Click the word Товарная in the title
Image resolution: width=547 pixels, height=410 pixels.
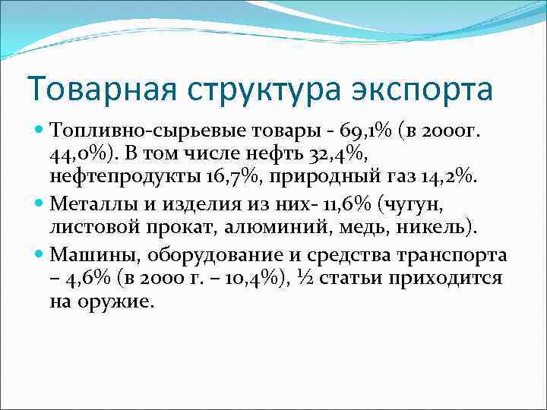coord(90,89)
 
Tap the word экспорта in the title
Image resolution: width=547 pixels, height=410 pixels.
coord(422,89)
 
